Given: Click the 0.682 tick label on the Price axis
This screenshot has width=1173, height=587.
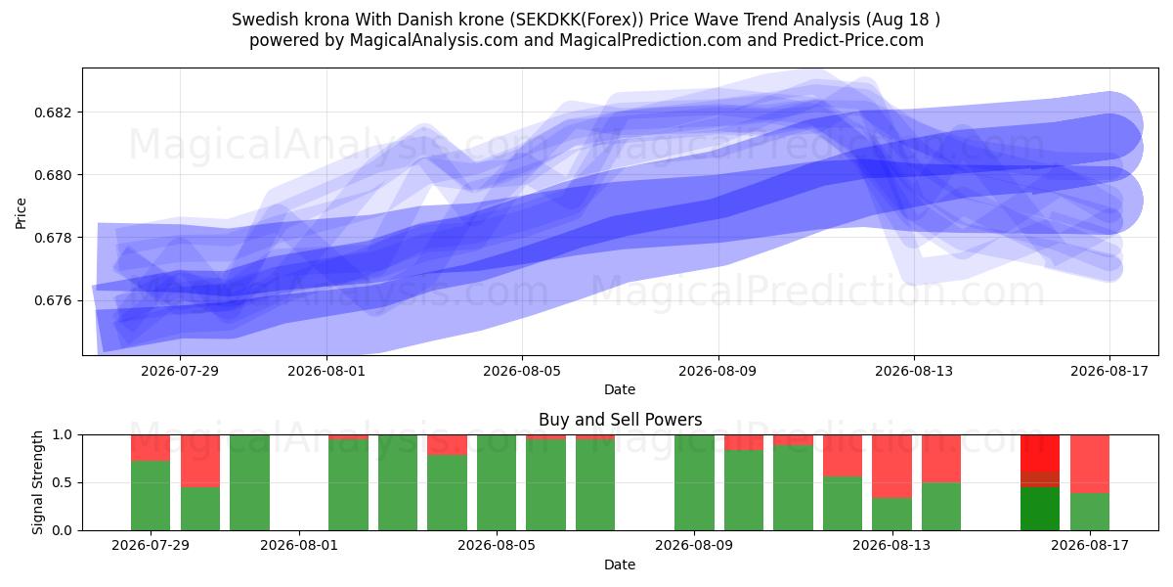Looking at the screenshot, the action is [51, 113].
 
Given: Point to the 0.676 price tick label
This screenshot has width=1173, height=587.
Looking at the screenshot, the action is [51, 301].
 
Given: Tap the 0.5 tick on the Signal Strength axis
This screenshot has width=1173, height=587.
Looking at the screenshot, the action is [63, 482].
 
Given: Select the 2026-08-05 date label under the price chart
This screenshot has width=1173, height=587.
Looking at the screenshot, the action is [522, 371].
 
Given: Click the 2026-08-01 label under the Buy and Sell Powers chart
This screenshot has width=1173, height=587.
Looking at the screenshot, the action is [299, 545].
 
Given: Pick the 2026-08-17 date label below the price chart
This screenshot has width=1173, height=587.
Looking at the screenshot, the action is [1109, 371].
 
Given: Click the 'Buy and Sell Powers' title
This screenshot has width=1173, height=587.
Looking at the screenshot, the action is [620, 420].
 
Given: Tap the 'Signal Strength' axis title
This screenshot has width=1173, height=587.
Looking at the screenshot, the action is [37, 482].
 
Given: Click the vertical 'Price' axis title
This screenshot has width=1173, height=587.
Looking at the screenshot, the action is [21, 213].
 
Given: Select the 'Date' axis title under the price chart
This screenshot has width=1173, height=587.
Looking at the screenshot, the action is [620, 389].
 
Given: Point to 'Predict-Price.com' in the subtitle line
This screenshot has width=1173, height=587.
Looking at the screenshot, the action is [853, 40].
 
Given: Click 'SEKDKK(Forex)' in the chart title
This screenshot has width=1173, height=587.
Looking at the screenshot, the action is [579, 20].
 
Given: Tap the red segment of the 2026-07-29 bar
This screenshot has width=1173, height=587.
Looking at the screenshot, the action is [151, 448].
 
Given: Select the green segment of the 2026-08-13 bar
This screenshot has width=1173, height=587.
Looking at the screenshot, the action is [891, 515].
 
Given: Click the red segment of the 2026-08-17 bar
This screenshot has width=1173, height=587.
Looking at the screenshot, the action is [1090, 465].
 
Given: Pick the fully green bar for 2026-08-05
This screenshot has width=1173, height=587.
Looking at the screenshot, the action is [497, 482].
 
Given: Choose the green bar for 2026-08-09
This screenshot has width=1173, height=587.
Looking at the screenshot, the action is [694, 482].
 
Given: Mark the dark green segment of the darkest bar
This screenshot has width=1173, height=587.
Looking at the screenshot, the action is [1040, 509].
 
